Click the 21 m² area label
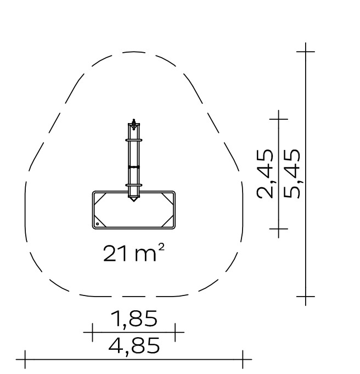click(134, 253)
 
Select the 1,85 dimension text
click(134, 319)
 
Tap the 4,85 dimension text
click(134, 345)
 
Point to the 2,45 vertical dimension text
click(265, 174)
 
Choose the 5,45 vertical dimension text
click(292, 174)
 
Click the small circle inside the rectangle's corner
click(98, 224)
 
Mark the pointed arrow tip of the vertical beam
click(133, 201)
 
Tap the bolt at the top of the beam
click(134, 124)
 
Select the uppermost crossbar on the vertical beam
click(134, 140)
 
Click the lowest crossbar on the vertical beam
click(134, 185)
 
